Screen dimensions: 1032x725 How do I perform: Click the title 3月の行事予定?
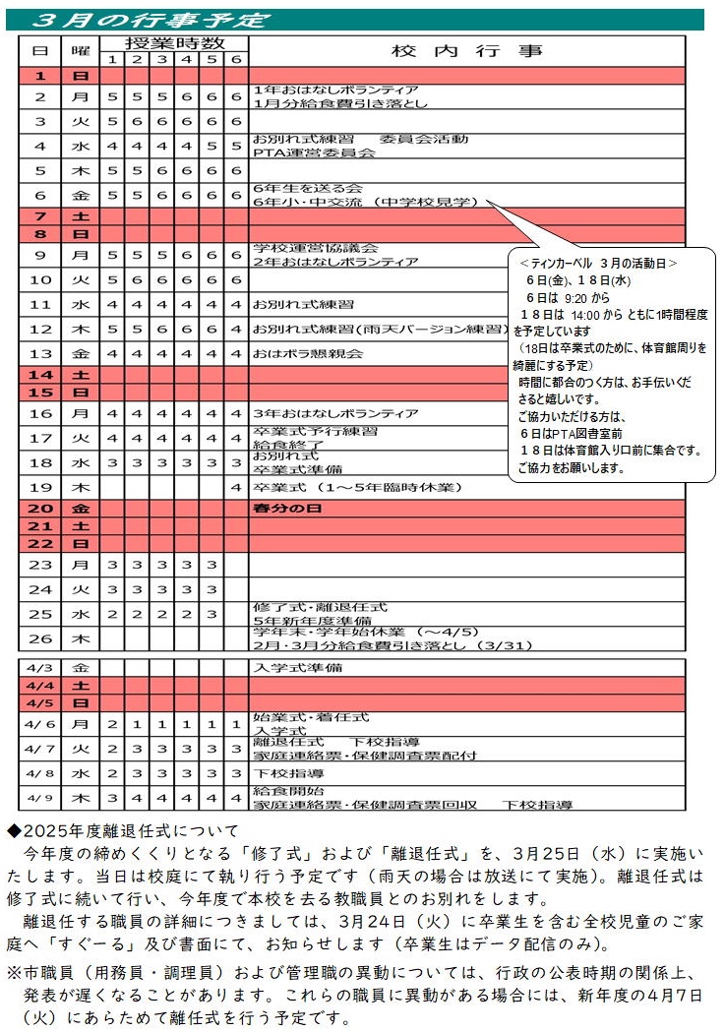point(149,20)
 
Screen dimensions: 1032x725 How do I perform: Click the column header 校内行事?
point(467,51)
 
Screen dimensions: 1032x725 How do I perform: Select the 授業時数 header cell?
point(174,43)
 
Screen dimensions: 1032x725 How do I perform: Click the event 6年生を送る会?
point(308,188)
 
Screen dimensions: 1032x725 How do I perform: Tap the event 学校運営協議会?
point(315,248)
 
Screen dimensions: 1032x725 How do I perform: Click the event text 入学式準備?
point(297,667)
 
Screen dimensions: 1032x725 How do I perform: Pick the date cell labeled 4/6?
point(40,724)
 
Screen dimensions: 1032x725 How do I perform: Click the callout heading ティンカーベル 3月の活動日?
point(599,264)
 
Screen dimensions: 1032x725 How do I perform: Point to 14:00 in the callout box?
point(579,316)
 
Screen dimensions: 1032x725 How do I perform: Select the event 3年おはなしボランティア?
point(335,413)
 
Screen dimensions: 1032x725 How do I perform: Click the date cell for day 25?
point(40,614)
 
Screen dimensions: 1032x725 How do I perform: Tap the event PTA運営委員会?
point(314,152)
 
